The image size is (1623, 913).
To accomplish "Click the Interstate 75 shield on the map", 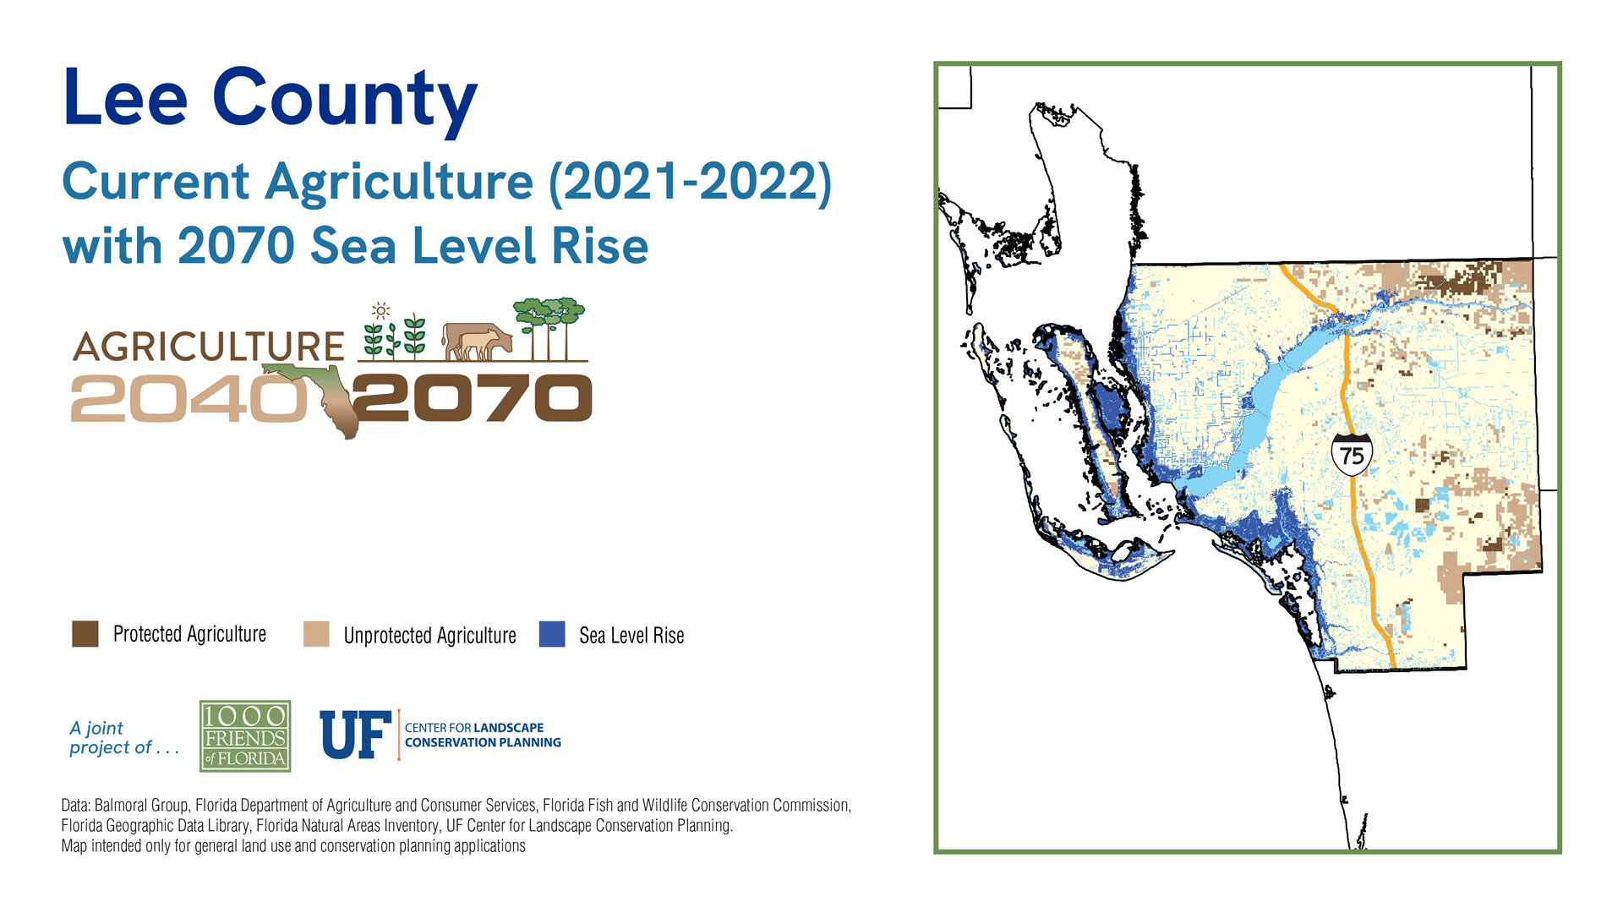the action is pyautogui.click(x=1352, y=455).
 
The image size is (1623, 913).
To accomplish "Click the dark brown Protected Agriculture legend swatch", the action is pyautogui.click(x=85, y=634).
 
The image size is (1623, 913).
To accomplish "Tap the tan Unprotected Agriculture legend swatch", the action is pyautogui.click(x=316, y=634).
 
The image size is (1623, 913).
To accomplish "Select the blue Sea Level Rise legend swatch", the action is pyautogui.click(x=552, y=634).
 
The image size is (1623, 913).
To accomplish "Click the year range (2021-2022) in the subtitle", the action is pyautogui.click(x=691, y=182).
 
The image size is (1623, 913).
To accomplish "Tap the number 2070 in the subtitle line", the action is pyautogui.click(x=236, y=246).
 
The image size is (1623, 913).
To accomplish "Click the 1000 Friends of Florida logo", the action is pyautogui.click(x=245, y=735).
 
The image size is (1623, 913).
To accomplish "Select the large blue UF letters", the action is pyautogui.click(x=356, y=735).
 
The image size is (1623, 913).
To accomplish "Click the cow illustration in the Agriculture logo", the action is pyautogui.click(x=478, y=342).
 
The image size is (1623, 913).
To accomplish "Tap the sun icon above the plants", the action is pyautogui.click(x=381, y=310).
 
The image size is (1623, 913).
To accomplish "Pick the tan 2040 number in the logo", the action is pyautogui.click(x=189, y=399).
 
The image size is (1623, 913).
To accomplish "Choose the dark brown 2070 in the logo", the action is pyautogui.click(x=474, y=398).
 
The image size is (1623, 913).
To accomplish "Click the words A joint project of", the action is pyautogui.click(x=124, y=738).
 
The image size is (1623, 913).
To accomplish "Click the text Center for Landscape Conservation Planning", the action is pyautogui.click(x=483, y=735).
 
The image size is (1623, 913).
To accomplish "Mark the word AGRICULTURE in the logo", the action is pyautogui.click(x=209, y=347).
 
